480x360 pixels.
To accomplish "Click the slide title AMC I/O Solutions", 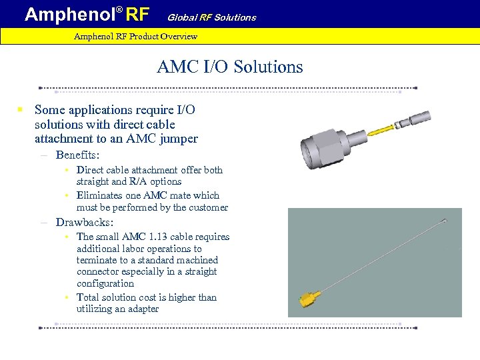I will pyautogui.click(x=230, y=67).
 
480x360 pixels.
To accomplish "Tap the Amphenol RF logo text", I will pyautogui.click(x=87, y=14).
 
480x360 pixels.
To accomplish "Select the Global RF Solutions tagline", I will pyautogui.click(x=211, y=17).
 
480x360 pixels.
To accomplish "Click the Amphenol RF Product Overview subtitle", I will pyautogui.click(x=135, y=36).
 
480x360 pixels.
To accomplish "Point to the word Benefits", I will pyautogui.click(x=77, y=155).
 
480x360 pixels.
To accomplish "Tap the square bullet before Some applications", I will pyautogui.click(x=21, y=109).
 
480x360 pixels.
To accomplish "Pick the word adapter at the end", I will pyautogui.click(x=142, y=309).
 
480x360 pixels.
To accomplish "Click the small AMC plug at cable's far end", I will pyautogui.click(x=444, y=221).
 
